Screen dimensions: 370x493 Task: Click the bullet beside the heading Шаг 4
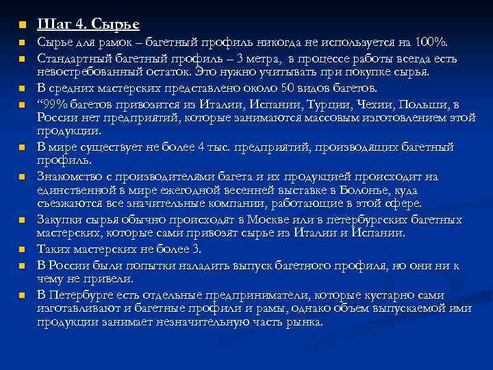(21, 26)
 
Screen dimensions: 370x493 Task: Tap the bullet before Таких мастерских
(21, 249)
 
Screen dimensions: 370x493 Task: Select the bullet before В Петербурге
(21, 295)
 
